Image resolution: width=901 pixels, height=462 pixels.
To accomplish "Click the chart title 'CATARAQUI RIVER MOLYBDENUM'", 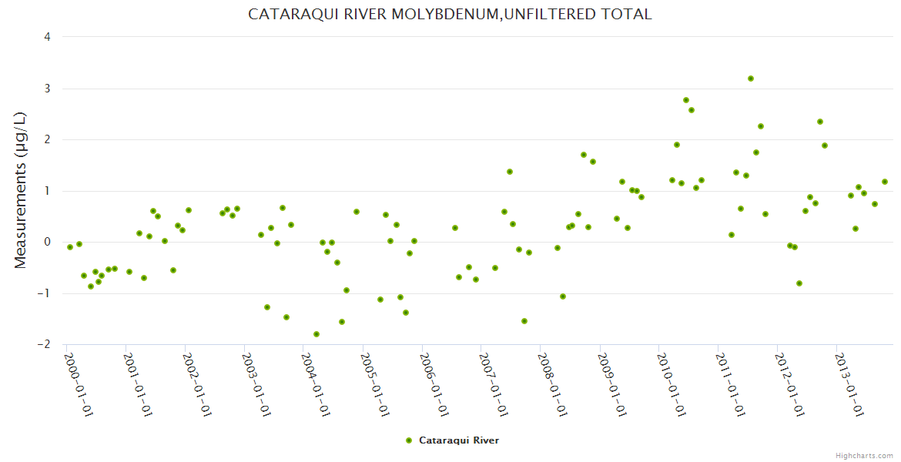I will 450,14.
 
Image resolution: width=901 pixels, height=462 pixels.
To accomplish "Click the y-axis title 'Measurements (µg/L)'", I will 20,190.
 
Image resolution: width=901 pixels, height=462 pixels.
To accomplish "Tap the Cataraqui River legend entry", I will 453,440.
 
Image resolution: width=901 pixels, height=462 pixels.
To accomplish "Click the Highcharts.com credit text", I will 864,455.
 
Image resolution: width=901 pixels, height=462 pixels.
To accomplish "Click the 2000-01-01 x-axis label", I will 78,384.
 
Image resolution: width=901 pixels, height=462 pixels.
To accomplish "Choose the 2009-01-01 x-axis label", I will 611,384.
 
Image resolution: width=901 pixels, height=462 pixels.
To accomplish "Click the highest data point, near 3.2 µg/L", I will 751,79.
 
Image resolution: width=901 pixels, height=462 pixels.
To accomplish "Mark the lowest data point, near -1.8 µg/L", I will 317,334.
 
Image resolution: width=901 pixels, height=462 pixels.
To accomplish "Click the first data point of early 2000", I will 70,247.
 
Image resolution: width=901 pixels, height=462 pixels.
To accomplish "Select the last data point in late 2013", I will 885,182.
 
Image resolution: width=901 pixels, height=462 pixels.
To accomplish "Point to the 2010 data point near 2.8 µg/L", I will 686,100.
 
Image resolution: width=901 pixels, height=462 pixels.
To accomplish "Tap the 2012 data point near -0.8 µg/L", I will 799,283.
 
